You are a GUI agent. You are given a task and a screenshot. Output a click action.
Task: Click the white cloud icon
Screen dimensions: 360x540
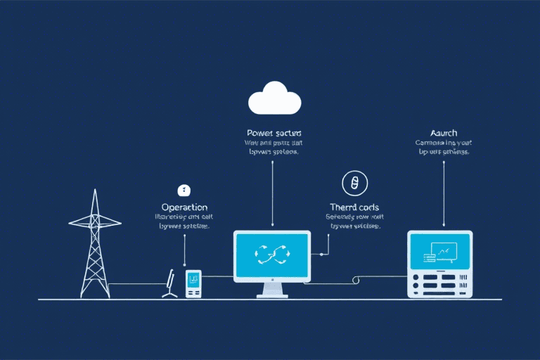(274, 99)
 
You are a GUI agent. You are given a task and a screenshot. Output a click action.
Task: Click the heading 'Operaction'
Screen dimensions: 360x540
(184, 207)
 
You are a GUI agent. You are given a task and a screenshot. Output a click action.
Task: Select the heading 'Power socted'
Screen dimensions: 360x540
(274, 133)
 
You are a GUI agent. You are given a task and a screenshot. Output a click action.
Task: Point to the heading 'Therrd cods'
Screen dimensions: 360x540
(354, 207)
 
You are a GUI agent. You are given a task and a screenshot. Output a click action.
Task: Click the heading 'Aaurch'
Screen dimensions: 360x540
(444, 133)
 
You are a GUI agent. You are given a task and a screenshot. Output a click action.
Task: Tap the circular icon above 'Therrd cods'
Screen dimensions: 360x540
(354, 183)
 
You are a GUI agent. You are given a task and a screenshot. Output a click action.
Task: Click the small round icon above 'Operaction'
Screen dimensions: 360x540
(184, 190)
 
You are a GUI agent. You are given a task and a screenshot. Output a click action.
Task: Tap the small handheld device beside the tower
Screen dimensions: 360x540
(193, 283)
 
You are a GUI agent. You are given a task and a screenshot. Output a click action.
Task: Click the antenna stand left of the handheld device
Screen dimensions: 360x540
(169, 285)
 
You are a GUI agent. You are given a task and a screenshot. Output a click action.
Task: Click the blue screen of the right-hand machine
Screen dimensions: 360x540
(440, 250)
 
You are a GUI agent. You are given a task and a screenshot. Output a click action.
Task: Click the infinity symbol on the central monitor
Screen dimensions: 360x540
(272, 254)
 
